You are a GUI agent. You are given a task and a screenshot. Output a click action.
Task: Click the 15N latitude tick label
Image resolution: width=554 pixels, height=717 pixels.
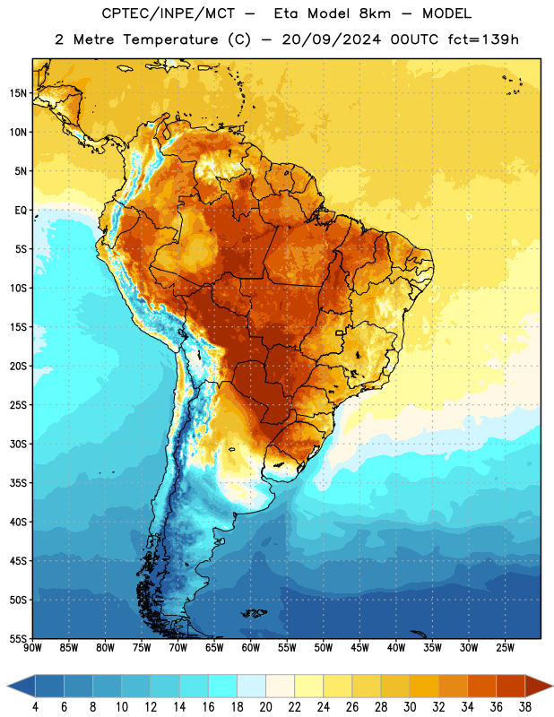tap(18, 93)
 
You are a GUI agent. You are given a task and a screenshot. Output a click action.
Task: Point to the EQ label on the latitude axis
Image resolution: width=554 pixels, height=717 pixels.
tap(21, 211)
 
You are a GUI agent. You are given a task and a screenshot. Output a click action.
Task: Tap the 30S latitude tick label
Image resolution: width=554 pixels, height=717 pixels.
tap(18, 444)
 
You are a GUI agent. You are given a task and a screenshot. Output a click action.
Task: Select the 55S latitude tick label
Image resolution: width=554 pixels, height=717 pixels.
tap(18, 638)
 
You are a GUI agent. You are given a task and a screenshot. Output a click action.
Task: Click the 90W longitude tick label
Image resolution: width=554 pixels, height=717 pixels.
tap(32, 648)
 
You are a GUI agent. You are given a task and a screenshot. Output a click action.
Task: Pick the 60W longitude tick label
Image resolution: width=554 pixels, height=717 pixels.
tap(251, 648)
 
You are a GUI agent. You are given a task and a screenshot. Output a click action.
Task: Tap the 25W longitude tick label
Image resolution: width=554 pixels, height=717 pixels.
tap(505, 648)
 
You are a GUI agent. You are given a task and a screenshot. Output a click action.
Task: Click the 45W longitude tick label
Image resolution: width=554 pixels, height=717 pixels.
tap(359, 648)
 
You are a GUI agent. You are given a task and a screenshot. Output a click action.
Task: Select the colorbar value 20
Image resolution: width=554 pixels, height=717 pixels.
tap(265, 707)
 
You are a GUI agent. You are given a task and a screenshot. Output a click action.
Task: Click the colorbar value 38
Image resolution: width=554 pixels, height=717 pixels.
tap(525, 707)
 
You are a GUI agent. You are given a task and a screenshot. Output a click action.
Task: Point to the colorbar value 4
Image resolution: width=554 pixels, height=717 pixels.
tap(35, 707)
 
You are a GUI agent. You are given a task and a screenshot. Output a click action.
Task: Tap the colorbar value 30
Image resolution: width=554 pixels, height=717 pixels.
tap(410, 707)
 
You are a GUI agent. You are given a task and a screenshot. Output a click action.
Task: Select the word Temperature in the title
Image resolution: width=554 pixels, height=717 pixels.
tap(170, 39)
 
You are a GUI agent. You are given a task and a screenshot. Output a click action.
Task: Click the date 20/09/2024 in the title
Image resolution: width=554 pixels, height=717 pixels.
tap(331, 39)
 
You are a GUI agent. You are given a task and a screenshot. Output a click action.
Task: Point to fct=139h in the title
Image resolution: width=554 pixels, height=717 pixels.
tap(483, 39)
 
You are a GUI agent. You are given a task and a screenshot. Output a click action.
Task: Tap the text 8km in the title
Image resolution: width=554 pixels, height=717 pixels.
tap(375, 13)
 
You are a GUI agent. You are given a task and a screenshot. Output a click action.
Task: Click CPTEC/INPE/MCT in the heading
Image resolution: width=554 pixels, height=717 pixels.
tap(169, 13)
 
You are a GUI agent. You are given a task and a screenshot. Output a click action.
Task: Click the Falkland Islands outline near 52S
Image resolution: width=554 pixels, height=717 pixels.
tap(255, 613)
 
